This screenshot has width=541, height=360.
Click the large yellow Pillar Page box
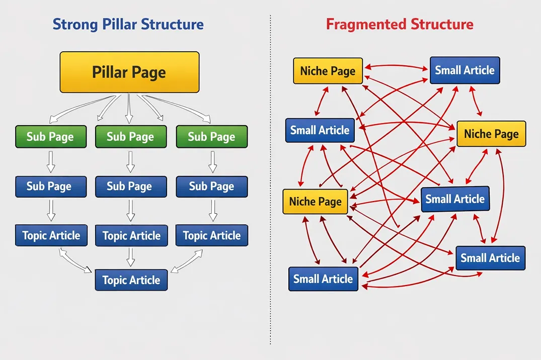(x=129, y=72)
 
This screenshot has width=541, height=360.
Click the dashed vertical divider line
(x=270, y=201)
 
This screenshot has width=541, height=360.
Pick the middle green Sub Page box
(x=131, y=137)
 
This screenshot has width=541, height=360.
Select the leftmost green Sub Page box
(x=50, y=137)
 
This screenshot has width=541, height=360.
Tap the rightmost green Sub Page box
(x=211, y=137)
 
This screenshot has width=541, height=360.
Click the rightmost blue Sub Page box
(x=211, y=187)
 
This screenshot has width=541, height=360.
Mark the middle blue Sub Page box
(x=131, y=187)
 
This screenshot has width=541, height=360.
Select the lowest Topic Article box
(x=131, y=280)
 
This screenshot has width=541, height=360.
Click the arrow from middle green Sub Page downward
(x=131, y=161)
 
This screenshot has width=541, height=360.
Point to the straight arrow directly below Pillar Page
(x=129, y=108)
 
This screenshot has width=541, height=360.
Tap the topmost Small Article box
(x=465, y=70)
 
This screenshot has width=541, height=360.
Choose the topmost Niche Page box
(x=328, y=71)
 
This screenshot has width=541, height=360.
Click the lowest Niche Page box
(x=315, y=202)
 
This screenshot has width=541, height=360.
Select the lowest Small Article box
(x=323, y=279)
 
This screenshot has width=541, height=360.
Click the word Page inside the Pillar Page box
(x=147, y=72)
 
